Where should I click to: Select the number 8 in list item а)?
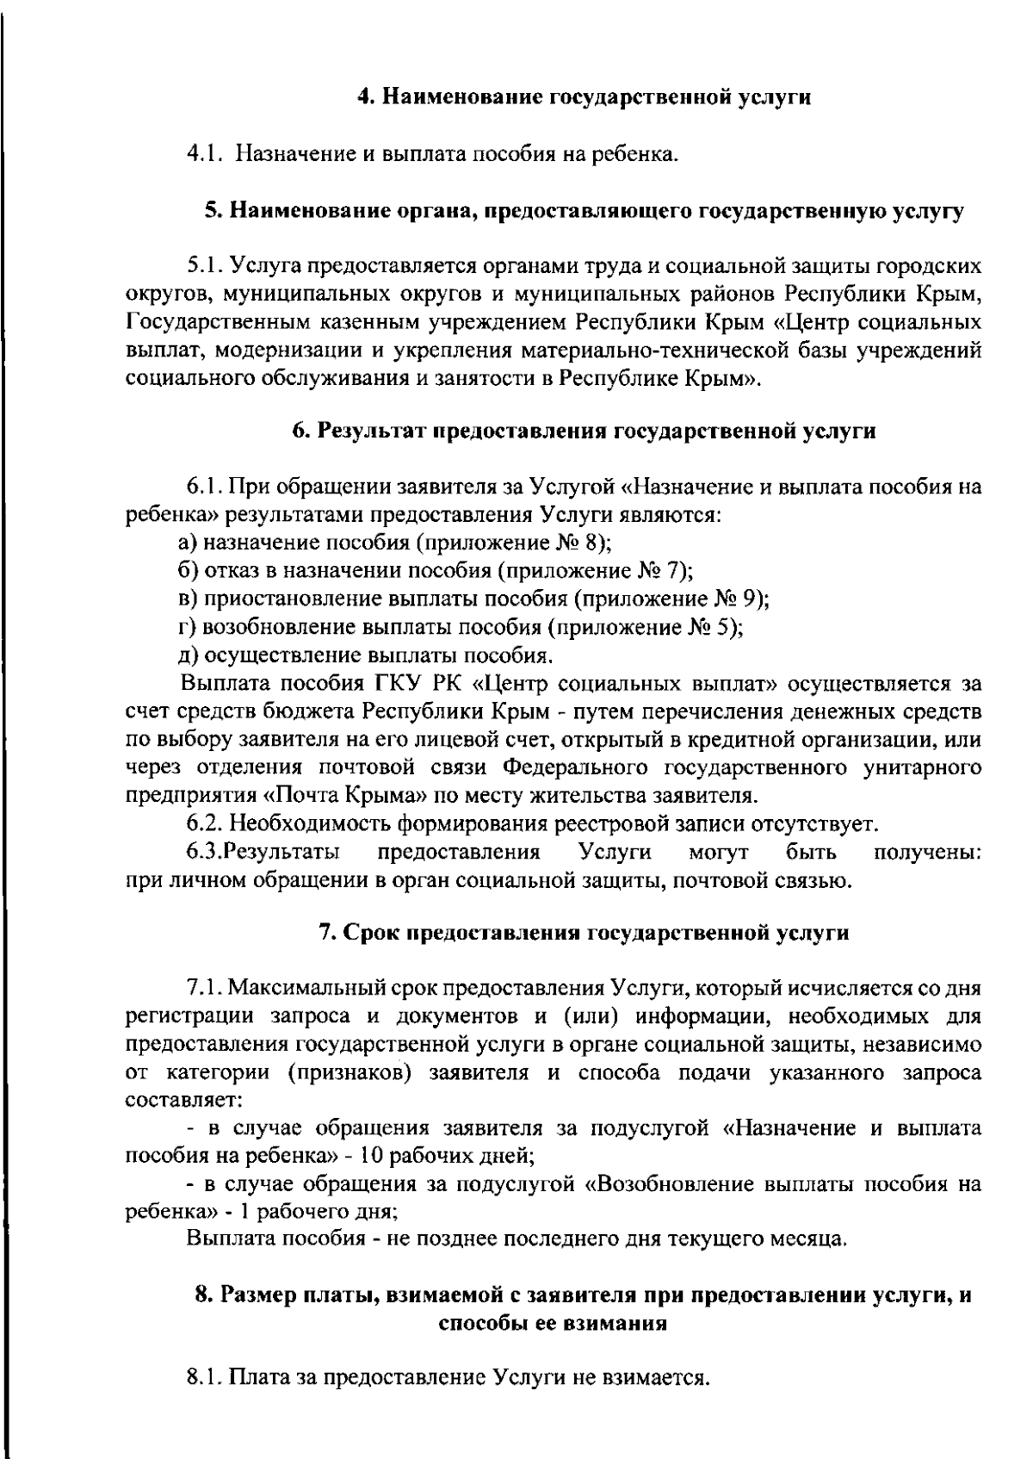tap(596, 543)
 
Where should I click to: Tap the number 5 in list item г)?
tap(727, 626)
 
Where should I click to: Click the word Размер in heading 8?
tap(255, 1294)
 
